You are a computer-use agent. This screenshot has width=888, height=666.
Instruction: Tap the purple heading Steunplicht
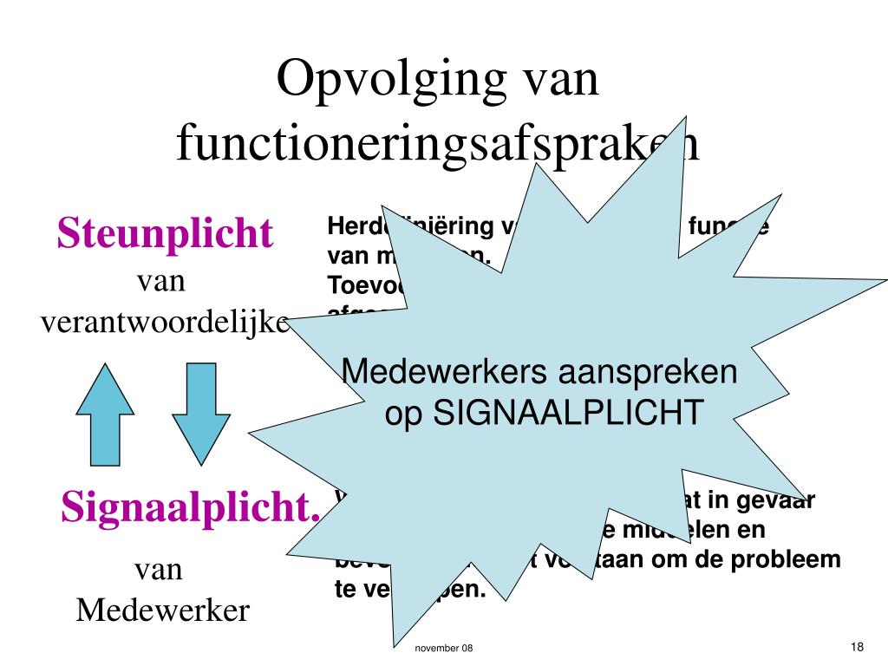point(165,233)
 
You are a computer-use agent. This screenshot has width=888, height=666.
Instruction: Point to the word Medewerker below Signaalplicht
point(162,610)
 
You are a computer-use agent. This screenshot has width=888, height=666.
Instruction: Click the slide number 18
point(858,647)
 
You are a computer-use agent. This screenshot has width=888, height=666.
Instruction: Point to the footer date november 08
point(443,650)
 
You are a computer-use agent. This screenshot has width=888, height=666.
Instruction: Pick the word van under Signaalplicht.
point(159,570)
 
